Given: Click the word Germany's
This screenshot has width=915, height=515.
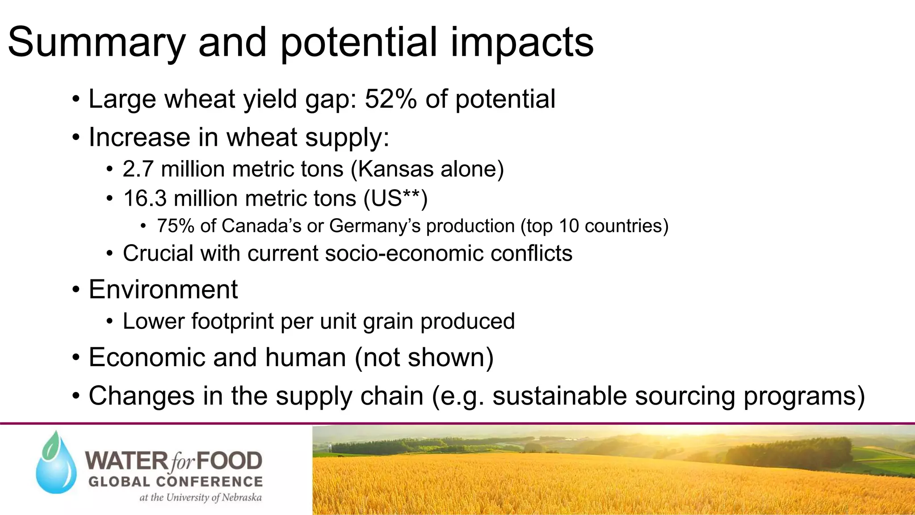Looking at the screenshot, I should pos(374,226).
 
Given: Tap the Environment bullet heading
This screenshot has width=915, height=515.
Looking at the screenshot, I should pos(163,289).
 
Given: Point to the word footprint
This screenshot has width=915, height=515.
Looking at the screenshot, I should pos(232,321).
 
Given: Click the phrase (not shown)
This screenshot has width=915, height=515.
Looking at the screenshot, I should pos(424,358).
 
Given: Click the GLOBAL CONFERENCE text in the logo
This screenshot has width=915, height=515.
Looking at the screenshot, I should pos(175,482).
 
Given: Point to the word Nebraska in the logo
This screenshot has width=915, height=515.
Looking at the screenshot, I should pos(242,498).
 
